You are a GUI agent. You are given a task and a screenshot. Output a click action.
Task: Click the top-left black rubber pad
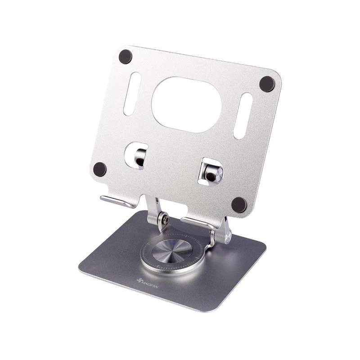(125, 57)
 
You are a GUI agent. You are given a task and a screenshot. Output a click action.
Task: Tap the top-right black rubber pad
(267, 84)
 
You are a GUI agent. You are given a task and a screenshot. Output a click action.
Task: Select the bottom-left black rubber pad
(100, 169)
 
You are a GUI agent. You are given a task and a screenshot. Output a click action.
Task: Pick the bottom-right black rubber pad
(239, 205)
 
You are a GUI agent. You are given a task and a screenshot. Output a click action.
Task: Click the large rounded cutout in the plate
(186, 104)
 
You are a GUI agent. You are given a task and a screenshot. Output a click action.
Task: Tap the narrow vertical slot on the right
(242, 116)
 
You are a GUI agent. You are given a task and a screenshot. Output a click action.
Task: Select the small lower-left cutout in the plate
(135, 156)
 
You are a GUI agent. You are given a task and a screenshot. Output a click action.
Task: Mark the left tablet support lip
(118, 201)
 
